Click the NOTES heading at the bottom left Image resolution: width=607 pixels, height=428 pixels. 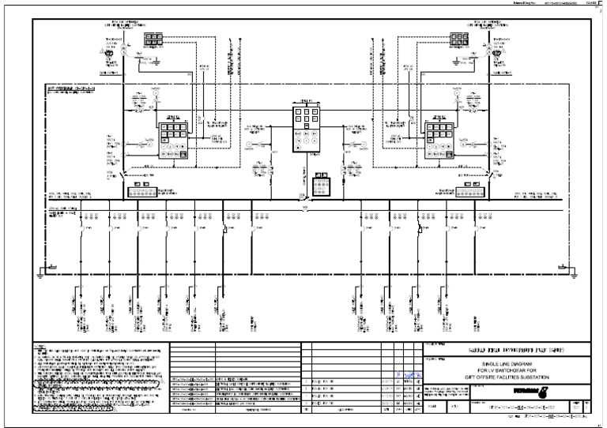pyautogui.click(x=39, y=347)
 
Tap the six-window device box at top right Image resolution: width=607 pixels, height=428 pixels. pyautogui.click(x=458, y=39)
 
